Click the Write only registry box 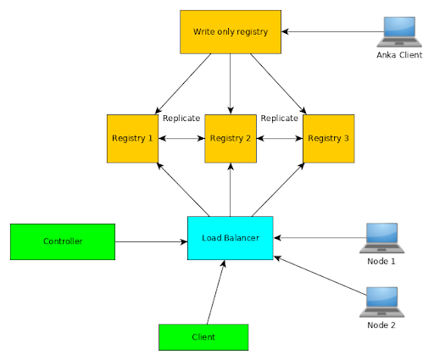click(231, 32)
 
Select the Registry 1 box click(131, 137)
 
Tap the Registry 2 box click(231, 137)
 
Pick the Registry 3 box click(328, 137)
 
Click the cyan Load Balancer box click(230, 238)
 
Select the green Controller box click(63, 241)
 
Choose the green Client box click(203, 336)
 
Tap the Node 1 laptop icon click(381, 238)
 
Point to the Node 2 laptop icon click(381, 302)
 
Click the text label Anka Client click(398, 55)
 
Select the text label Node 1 click(381, 262)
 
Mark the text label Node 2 click(381, 325)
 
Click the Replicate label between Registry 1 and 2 click(181, 119)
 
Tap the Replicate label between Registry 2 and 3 click(279, 119)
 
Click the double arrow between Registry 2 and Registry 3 click(279, 137)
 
